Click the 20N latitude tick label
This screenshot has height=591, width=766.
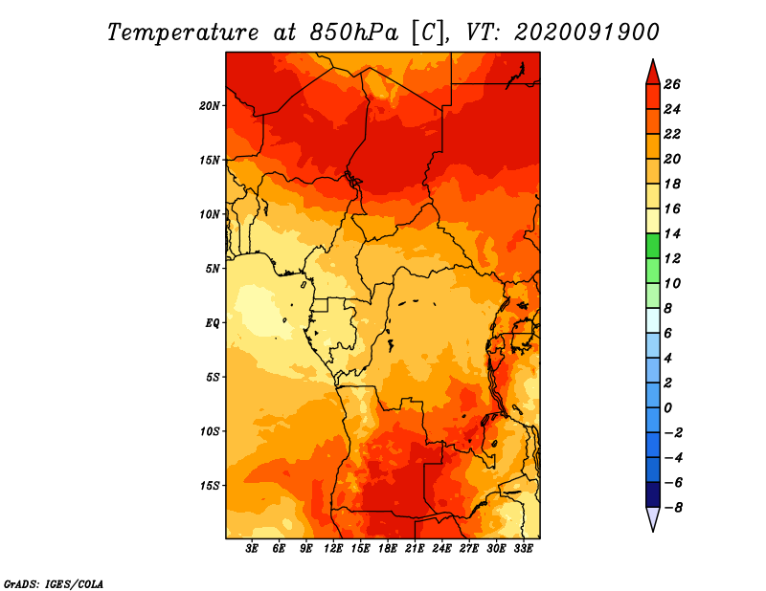coord(210,106)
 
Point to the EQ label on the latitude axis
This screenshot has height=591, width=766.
coord(213,323)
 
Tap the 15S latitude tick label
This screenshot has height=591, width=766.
coord(210,486)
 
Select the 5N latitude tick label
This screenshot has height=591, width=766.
coord(213,269)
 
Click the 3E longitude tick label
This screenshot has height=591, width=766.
coord(252,548)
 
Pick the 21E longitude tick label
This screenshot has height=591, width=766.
coord(415,548)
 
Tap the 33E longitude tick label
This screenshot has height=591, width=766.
coord(523,548)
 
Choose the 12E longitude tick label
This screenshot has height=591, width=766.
coord(333,548)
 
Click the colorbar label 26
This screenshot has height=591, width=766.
coord(672,84)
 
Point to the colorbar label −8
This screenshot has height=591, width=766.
coord(673,508)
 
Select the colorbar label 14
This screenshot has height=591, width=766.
coord(672,233)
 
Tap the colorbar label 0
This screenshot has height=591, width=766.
coord(667,408)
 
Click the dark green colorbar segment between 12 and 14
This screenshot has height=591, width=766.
coord(653,246)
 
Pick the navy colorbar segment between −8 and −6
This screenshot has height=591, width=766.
coord(653,494)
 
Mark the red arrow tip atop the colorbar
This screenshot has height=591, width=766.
coord(653,60)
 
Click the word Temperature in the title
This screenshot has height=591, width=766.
coord(183,33)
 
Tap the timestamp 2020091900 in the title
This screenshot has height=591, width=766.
coord(587,33)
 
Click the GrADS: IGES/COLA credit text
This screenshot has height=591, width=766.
coord(54,584)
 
